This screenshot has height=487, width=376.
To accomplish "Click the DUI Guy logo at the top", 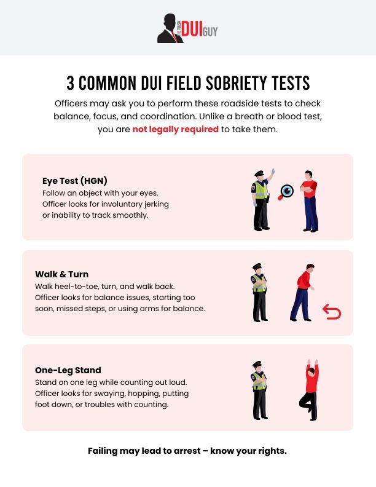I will coord(187,28).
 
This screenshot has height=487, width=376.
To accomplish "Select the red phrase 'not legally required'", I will coord(176,129).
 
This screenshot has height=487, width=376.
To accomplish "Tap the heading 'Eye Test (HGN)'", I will coord(75,181).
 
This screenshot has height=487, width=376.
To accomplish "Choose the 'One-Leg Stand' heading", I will coord(68,370).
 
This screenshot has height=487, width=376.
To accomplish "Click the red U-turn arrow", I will coord(332,313).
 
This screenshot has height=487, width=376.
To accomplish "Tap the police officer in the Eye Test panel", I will coord(262,200).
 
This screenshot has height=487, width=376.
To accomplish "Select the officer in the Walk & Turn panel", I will coord(259,293).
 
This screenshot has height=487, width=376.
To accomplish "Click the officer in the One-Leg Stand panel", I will coord(259,390).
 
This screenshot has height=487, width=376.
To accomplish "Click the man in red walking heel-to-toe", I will coord(303,293).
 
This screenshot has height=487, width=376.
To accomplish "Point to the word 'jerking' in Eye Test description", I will coord(154,204).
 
